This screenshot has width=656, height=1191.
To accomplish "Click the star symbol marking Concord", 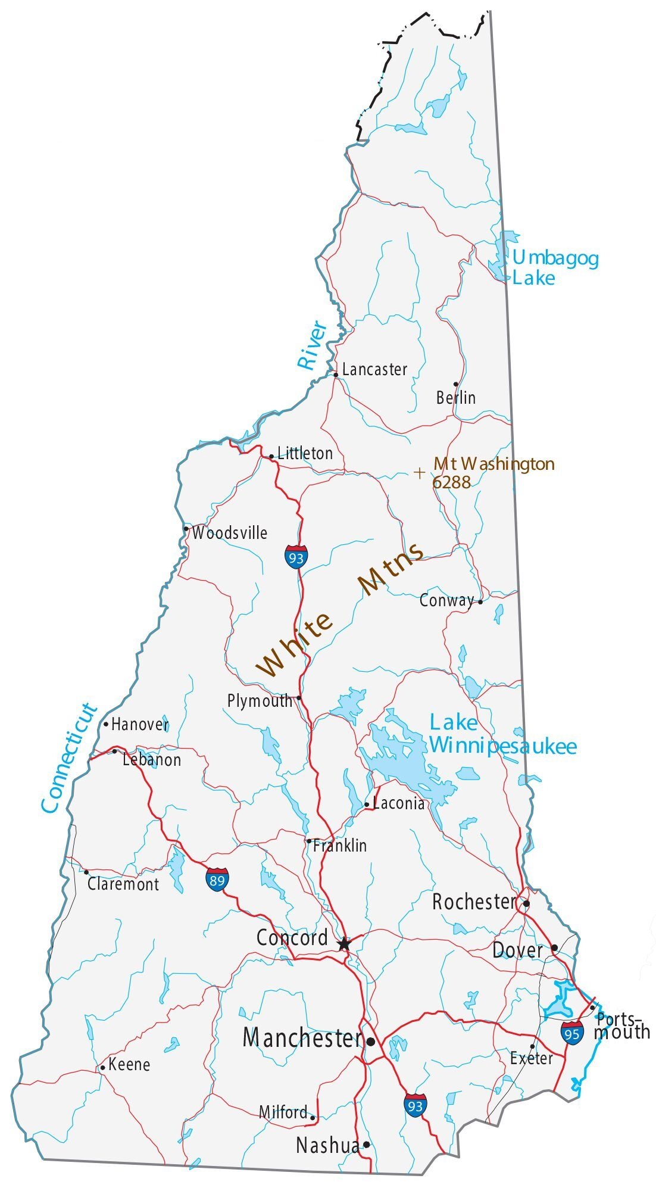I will point(344,944).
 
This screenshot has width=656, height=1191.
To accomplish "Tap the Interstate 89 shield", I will point(217,879).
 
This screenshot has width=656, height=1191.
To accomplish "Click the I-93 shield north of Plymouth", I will point(296,557).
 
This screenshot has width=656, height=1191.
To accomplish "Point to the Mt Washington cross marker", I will point(420,473).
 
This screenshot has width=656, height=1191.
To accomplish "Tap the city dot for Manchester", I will point(371,1042).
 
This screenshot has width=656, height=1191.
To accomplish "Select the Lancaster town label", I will point(374,370).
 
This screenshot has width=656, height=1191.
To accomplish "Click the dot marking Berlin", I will point(456,384).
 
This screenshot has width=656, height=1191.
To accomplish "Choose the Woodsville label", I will point(229,533).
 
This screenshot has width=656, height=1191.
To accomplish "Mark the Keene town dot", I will point(102,1067).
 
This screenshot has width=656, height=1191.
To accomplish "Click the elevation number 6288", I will point(451,482).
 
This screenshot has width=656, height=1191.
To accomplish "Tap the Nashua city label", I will point(327,1145).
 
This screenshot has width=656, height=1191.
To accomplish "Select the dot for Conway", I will point(480,601).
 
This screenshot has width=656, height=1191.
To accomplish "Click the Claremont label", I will point(123,884).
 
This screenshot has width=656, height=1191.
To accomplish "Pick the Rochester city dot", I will point(526,903).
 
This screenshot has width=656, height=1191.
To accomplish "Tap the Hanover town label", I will point(140,725).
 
